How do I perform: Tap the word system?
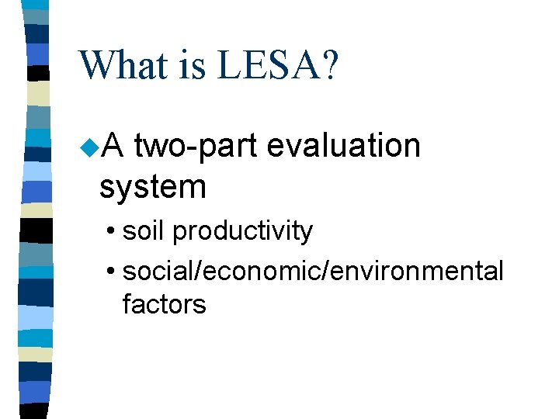click(x=152, y=187)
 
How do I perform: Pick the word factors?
click(x=164, y=304)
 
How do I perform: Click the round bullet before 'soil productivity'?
click(x=113, y=232)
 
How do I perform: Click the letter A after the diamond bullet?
click(x=113, y=146)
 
